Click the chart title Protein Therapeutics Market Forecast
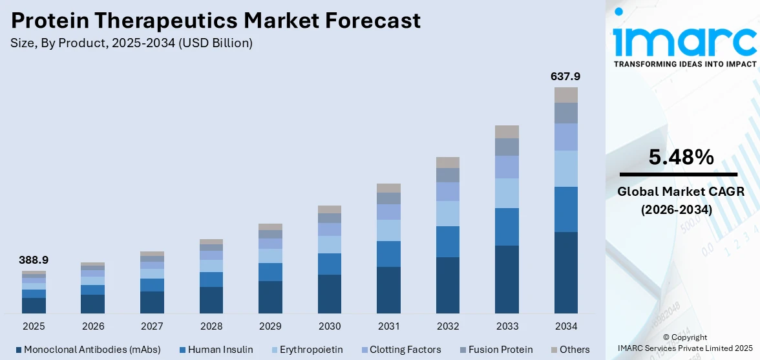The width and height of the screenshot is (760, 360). (216, 21)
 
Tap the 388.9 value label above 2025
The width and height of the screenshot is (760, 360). (34, 260)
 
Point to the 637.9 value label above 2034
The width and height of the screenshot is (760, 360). (565, 76)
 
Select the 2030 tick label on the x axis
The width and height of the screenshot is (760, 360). (330, 326)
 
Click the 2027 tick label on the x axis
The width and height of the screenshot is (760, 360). (152, 326)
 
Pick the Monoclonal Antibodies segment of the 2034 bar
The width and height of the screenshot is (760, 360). (565, 272)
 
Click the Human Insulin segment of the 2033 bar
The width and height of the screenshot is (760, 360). (507, 227)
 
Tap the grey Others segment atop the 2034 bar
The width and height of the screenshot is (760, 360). (565, 95)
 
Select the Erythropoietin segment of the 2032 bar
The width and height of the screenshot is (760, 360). (448, 213)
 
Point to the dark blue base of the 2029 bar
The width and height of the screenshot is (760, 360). (270, 297)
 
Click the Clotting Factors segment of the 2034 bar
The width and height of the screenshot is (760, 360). (565, 137)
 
